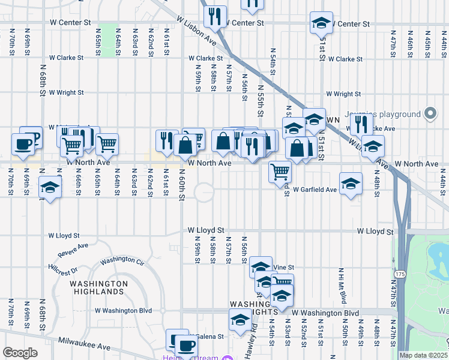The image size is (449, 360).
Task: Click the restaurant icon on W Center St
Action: point(215,17)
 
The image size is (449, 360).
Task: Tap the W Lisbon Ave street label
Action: point(196,29)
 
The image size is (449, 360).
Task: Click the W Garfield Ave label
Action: point(315,190)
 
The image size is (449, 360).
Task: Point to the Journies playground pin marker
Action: point(430,113)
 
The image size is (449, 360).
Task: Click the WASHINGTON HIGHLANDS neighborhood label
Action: point(98,287)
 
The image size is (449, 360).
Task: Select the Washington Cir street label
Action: point(122,262)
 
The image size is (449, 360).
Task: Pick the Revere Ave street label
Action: point(73,246)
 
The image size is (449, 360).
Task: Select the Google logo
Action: point(20,353)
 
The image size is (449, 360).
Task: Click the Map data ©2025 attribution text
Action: point(423,355)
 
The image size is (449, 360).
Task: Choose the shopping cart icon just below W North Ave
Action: point(280,171)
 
